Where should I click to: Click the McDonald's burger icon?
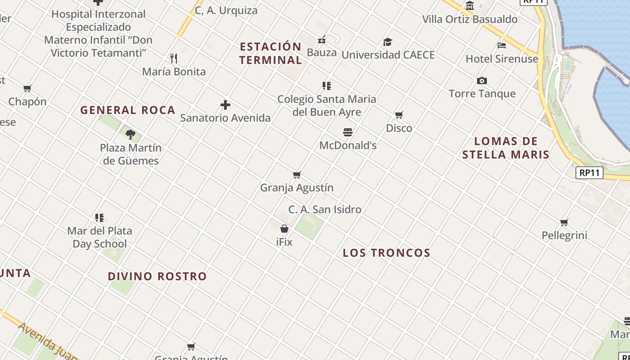(x=348, y=132)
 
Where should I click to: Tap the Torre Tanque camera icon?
(x=482, y=81)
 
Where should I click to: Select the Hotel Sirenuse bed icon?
(x=502, y=45)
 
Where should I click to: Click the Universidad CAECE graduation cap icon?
(x=387, y=42)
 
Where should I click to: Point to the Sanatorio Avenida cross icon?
(x=225, y=105)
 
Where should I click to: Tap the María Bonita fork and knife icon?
(x=174, y=58)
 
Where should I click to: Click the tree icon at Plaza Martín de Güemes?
(x=130, y=134)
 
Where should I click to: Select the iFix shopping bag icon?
(x=284, y=229)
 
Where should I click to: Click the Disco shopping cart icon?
(x=399, y=115)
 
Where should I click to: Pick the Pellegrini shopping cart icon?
(x=564, y=222)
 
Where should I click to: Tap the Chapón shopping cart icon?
(x=27, y=88)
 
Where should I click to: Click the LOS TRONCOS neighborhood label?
(x=387, y=253)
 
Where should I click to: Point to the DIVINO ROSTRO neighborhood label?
(x=157, y=276)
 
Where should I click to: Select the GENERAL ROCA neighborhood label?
(x=128, y=110)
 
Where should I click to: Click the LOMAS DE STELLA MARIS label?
(x=506, y=148)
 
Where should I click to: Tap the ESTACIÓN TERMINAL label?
(x=270, y=53)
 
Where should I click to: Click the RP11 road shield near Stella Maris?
(x=589, y=173)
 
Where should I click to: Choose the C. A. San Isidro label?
(x=325, y=209)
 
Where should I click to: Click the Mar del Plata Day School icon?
(x=99, y=218)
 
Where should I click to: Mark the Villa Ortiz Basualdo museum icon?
(x=470, y=6)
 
